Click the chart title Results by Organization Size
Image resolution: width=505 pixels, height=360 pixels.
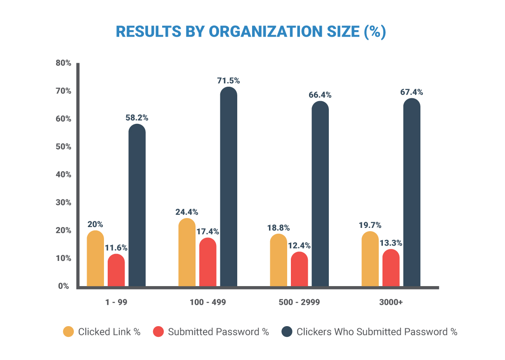(251, 32)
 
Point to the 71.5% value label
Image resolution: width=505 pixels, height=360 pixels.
(229, 81)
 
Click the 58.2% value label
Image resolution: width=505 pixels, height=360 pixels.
(137, 118)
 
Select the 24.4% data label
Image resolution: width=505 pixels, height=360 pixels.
(187, 212)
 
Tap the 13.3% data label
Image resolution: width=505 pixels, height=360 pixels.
(391, 243)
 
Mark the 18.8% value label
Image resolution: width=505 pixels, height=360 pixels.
(278, 228)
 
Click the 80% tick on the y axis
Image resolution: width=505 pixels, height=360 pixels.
(64, 63)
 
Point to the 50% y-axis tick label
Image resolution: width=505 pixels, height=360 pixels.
(64, 147)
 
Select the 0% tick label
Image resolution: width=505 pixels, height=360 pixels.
(64, 286)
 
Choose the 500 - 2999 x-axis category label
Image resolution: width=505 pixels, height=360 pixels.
(299, 303)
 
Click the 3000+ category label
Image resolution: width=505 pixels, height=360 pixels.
(391, 303)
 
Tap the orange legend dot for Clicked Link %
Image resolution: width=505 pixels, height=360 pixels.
(68, 332)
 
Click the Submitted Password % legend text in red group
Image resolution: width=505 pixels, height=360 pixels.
(218, 332)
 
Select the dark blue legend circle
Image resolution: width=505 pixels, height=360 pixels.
(287, 332)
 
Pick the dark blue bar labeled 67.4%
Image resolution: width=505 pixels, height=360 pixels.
(412, 194)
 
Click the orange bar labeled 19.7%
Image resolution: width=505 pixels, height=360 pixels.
(370, 260)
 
